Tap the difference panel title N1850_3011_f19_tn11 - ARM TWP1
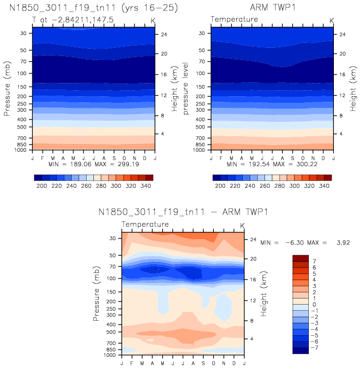click(x=184, y=212)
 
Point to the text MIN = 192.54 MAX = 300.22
click(x=272, y=165)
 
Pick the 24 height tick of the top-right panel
click(x=343, y=34)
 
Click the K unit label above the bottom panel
click(x=242, y=225)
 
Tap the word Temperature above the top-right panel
click(x=234, y=19)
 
